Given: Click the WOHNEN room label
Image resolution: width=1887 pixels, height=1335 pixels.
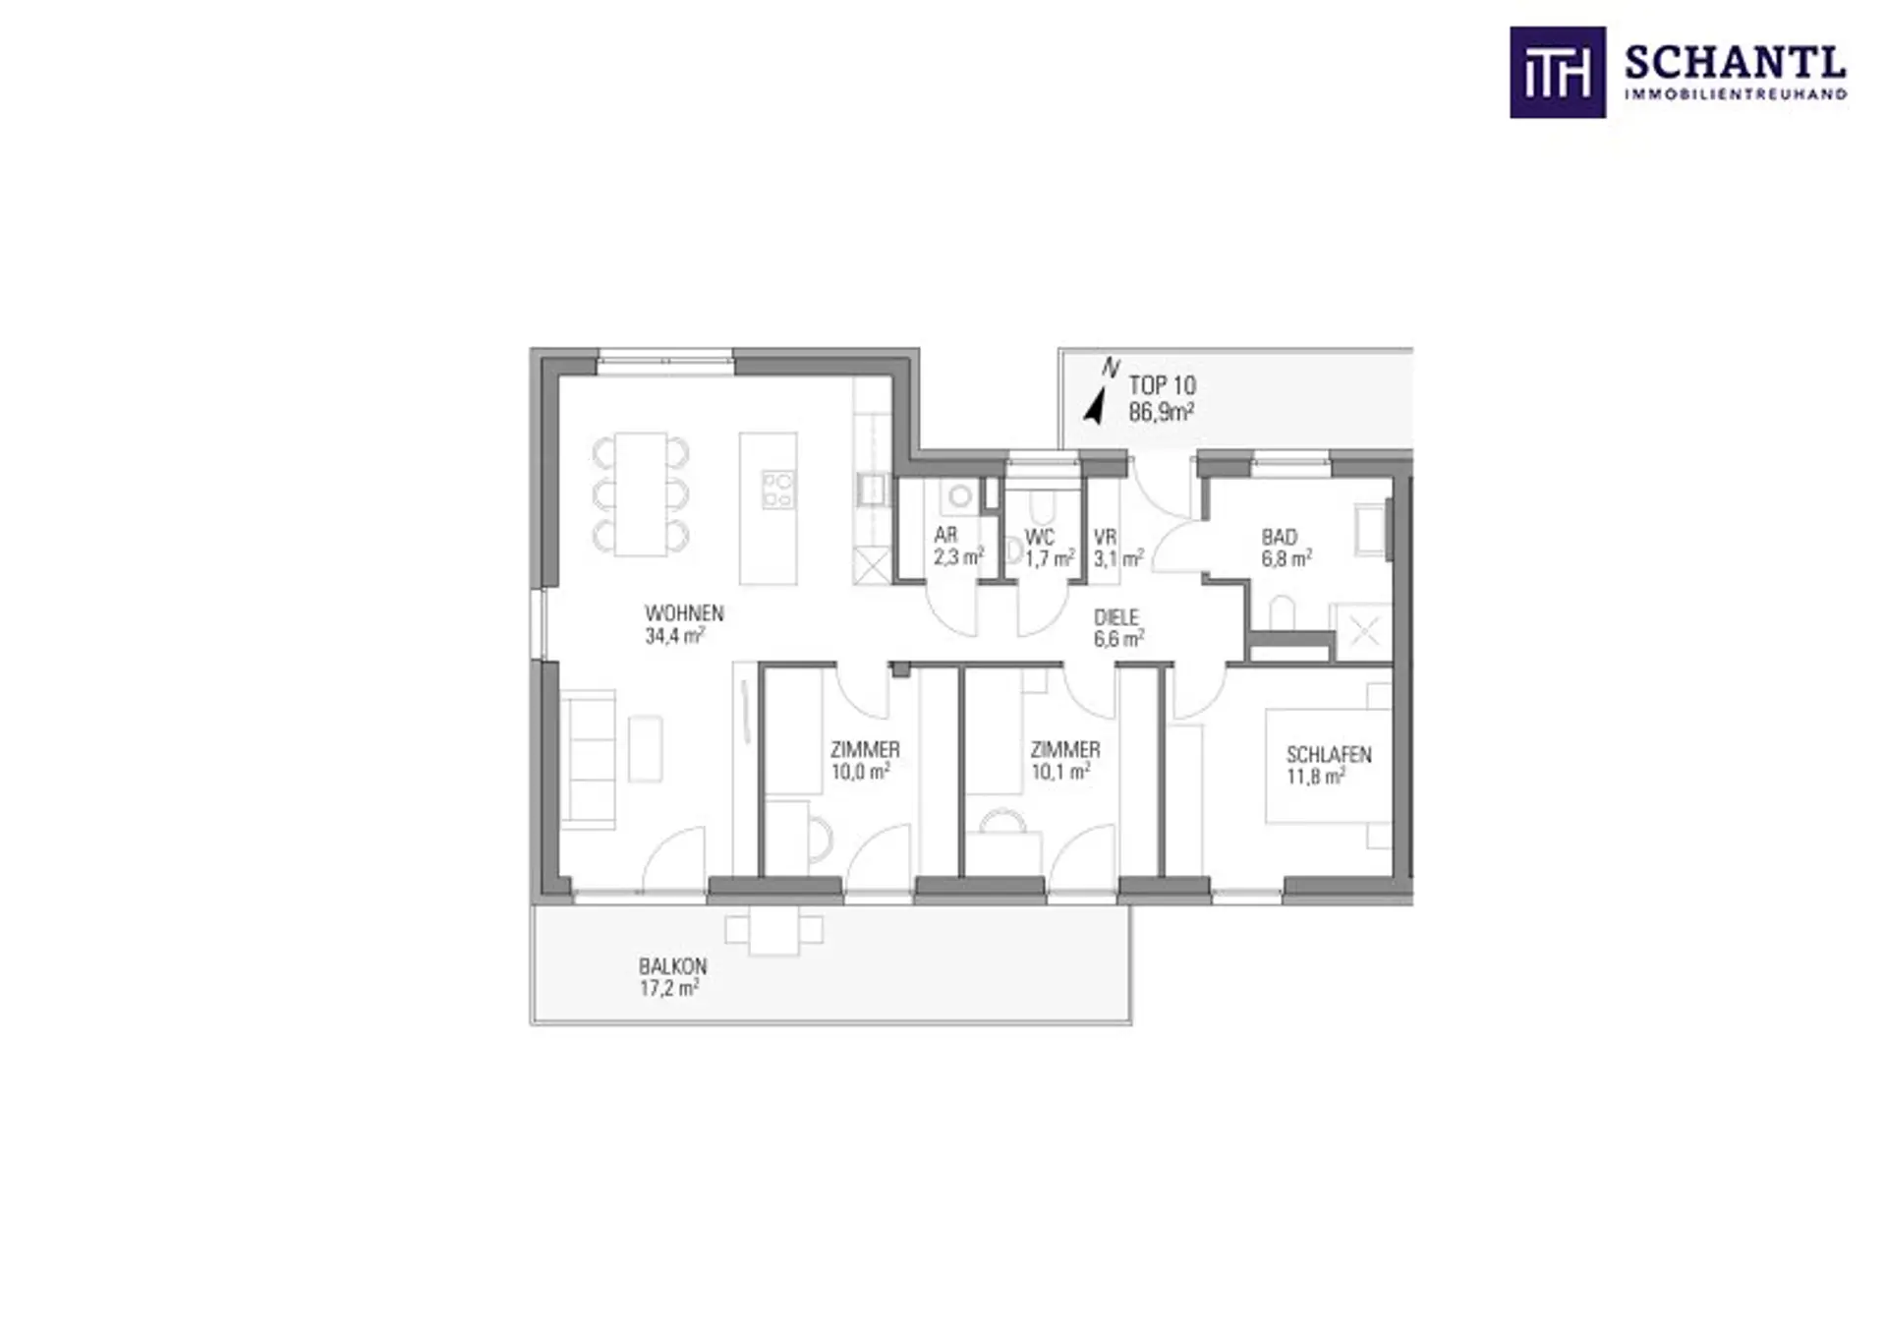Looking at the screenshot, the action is (x=684, y=613).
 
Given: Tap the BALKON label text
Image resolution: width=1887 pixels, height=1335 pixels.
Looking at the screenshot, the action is (x=672, y=966).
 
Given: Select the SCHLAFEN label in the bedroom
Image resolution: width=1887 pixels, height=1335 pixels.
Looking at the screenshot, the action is (x=1329, y=755).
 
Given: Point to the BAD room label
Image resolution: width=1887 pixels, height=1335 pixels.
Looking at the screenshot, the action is (x=1280, y=537).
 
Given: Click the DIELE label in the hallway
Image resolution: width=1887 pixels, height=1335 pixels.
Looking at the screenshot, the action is (x=1116, y=617).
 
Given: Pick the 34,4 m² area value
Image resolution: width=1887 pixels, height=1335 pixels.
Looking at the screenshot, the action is (x=674, y=636).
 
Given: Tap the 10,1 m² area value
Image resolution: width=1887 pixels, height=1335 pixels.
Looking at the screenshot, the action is (x=1059, y=772).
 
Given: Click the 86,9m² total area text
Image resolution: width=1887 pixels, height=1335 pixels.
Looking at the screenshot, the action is (x=1161, y=412).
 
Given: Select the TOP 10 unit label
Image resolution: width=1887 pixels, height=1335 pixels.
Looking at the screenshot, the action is (x=1162, y=385).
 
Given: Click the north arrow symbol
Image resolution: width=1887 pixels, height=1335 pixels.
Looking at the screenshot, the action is (x=1094, y=407).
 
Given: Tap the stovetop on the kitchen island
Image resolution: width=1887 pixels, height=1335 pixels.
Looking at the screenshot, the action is (x=778, y=489).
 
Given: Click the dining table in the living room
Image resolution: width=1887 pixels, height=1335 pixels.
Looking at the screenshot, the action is (x=641, y=493).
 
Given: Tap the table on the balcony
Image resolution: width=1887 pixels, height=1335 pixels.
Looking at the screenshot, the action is (x=773, y=930).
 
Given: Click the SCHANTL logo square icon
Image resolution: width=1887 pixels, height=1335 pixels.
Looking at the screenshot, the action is (x=1558, y=73).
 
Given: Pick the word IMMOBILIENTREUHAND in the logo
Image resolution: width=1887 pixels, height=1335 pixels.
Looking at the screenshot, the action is (x=1736, y=94).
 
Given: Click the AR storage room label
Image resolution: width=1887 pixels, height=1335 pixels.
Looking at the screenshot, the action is (x=945, y=536).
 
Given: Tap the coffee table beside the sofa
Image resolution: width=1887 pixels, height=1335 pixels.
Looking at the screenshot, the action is (x=645, y=749).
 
